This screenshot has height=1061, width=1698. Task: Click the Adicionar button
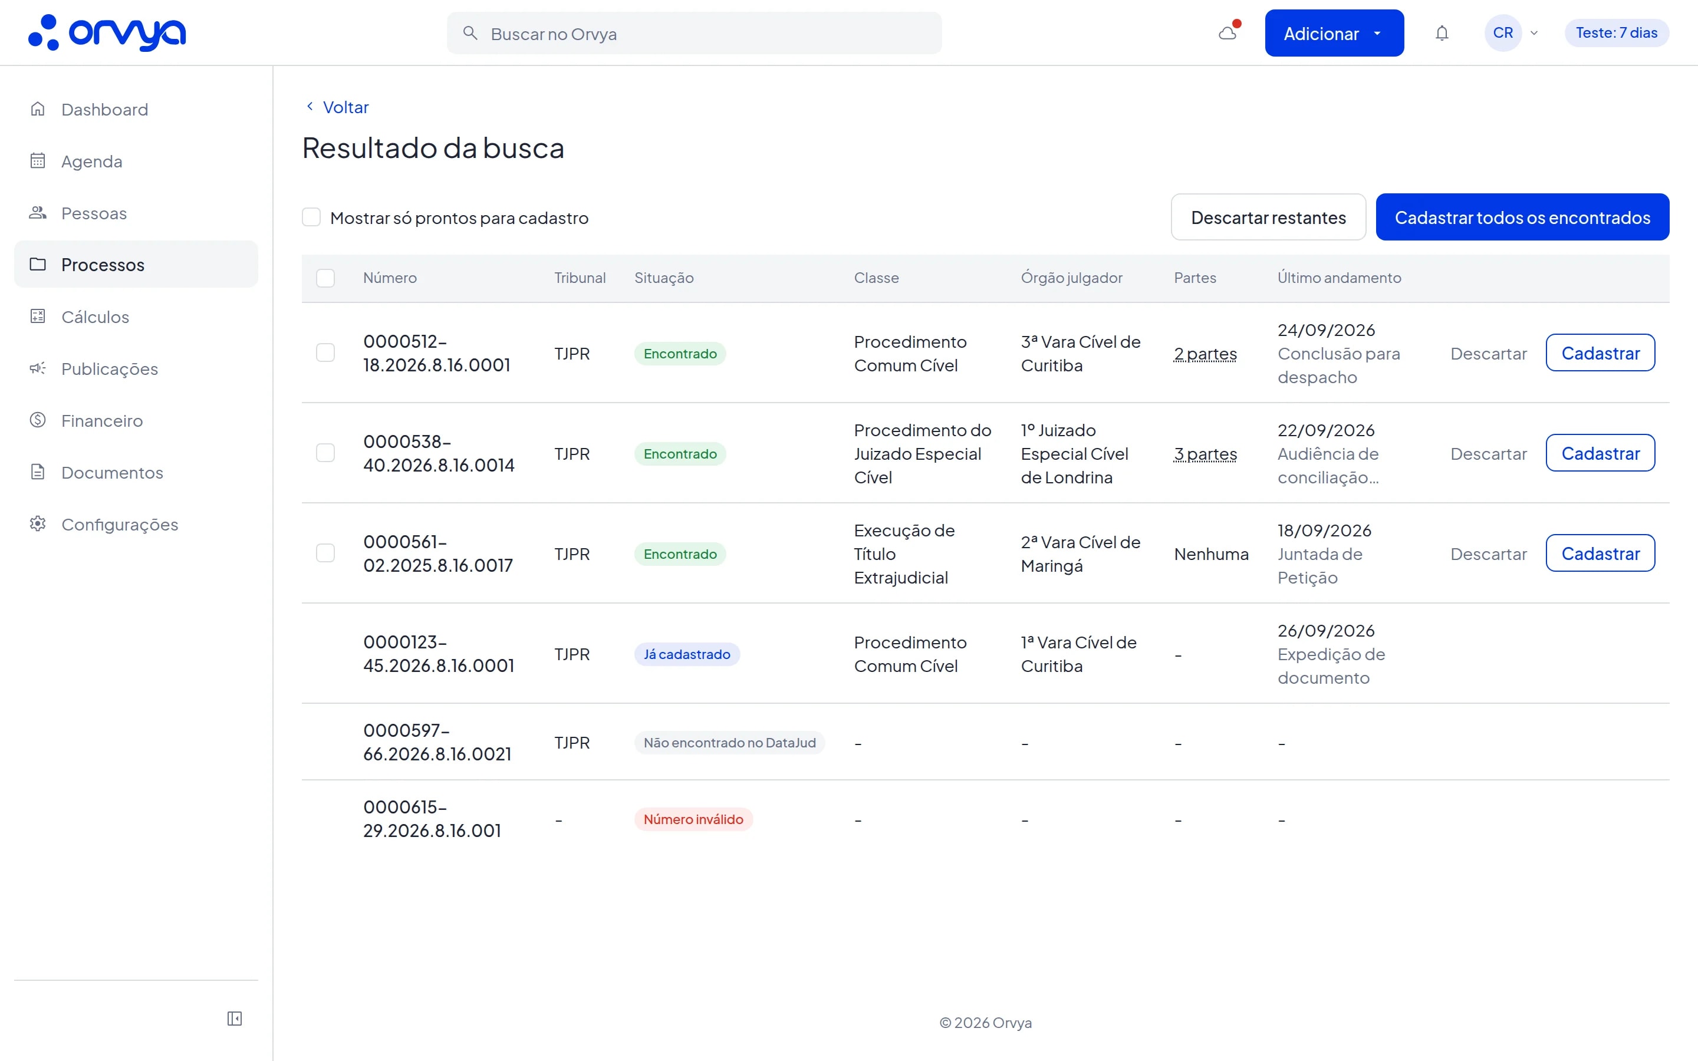(x=1334, y=33)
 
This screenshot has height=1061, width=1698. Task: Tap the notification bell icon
(x=1442, y=33)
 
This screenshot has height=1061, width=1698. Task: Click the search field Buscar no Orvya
(x=694, y=33)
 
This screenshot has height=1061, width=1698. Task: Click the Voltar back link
(x=337, y=107)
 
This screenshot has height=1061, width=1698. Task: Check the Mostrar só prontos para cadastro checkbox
(x=311, y=218)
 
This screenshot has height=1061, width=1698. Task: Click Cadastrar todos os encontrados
(x=1522, y=218)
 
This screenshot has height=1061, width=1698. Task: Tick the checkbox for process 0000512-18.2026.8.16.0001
(x=325, y=352)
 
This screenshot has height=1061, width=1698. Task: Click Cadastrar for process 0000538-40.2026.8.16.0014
(x=1600, y=453)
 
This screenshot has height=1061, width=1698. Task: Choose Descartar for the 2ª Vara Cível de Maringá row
(x=1488, y=553)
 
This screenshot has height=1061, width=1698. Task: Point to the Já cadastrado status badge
(x=687, y=654)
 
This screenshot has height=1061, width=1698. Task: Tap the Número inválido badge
(x=693, y=819)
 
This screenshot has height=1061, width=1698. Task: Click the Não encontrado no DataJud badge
(x=730, y=743)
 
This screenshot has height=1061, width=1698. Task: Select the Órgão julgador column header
(x=1071, y=278)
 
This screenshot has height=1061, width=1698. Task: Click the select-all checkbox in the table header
(x=325, y=278)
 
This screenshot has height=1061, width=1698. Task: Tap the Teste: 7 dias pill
(x=1617, y=33)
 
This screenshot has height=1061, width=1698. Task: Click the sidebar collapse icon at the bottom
(x=234, y=1018)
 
